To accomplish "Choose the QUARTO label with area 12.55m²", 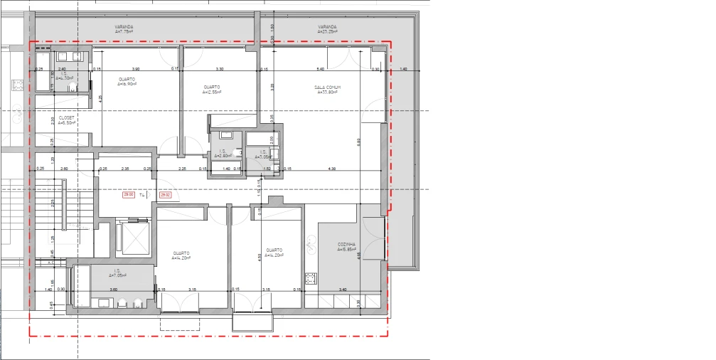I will tap(212, 89).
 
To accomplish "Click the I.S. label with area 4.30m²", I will tap(64, 75).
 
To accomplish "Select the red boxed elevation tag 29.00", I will tap(129, 194).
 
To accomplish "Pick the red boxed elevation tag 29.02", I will tap(165, 194).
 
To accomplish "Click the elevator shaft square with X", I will tap(132, 238).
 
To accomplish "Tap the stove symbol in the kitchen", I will tap(310, 277).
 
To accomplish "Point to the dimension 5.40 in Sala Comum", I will tap(320, 69).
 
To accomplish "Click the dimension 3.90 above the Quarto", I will tap(135, 69).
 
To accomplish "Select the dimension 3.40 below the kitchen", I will tap(343, 290).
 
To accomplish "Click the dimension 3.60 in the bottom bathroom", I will tap(113, 290).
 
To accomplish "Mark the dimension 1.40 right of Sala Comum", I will tap(403, 69).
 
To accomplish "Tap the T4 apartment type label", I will tap(141, 194).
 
